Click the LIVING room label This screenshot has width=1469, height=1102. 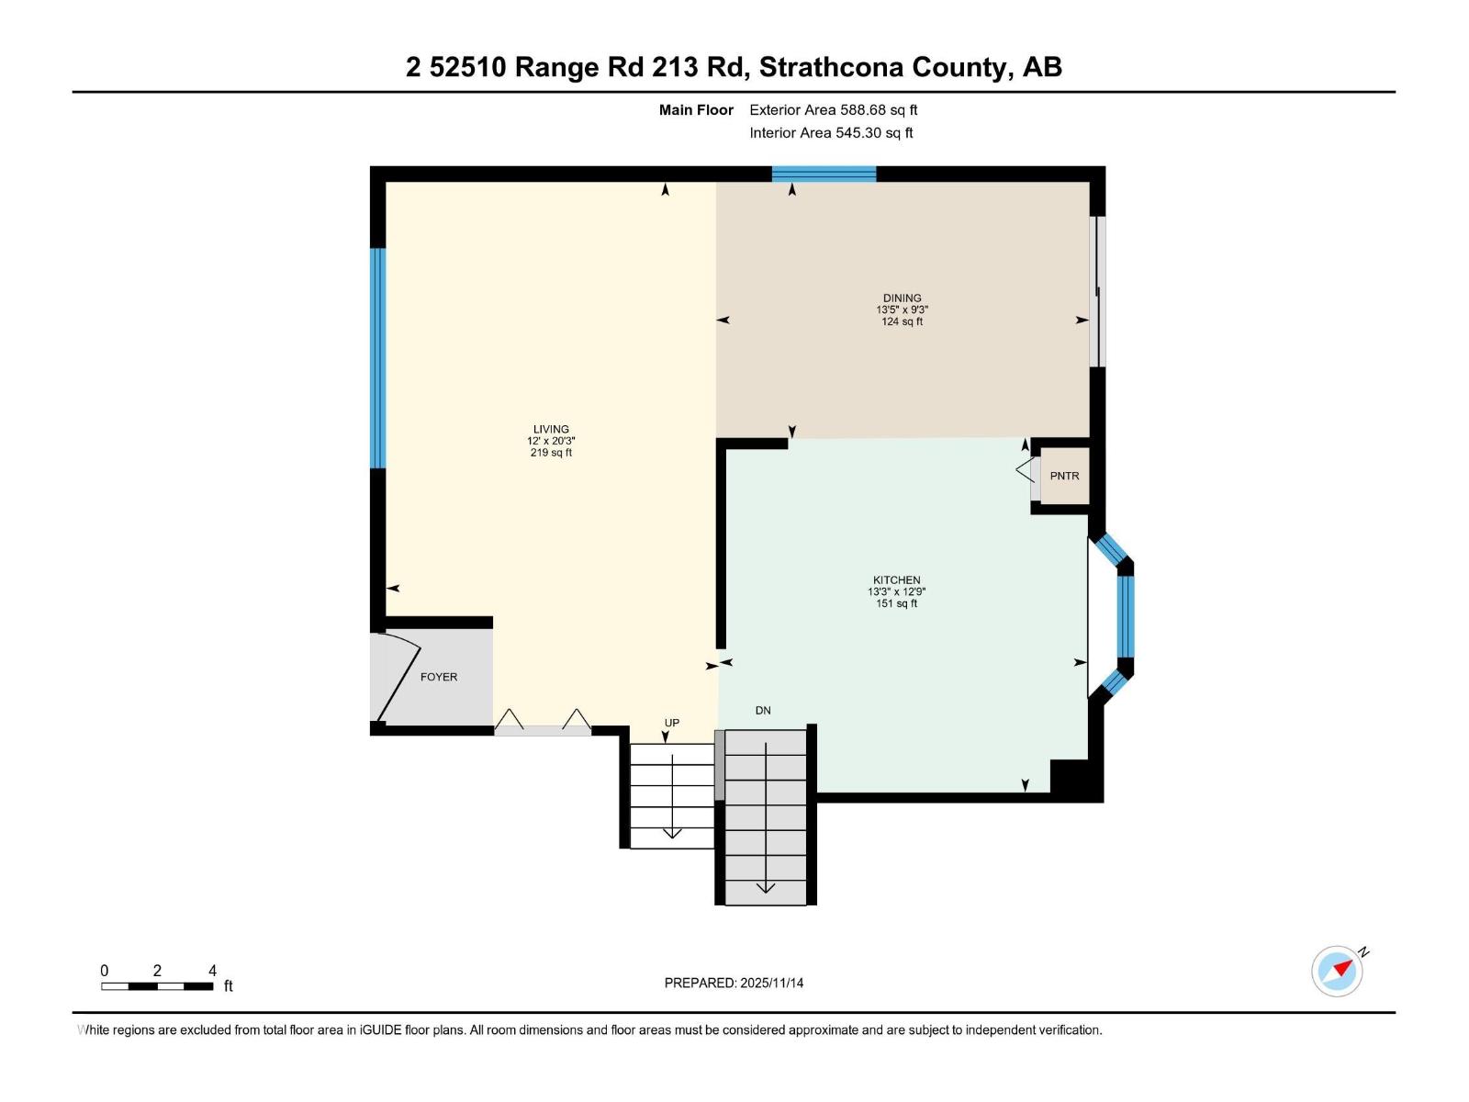(551, 429)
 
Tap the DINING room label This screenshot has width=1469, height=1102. (902, 298)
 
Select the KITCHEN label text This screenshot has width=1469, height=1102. (896, 579)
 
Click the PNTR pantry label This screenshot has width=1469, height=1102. (1064, 476)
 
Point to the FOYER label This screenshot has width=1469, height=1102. (438, 677)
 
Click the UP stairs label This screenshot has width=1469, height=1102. (672, 723)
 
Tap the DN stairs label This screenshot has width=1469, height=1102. (763, 710)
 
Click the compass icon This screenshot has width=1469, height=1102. (1337, 971)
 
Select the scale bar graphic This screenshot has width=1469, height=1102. (157, 986)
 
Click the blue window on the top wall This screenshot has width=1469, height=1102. (824, 174)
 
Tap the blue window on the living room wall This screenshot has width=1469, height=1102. (377, 358)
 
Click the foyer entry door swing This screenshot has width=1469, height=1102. (398, 677)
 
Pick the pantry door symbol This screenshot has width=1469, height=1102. (1026, 471)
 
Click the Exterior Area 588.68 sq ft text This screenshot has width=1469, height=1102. (833, 110)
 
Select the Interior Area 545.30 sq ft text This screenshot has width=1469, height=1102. (831, 133)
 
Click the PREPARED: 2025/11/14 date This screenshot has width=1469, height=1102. (734, 983)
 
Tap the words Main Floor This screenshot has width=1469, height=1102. (696, 110)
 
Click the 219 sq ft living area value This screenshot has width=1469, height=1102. (551, 453)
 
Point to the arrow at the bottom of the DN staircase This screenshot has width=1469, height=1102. (765, 888)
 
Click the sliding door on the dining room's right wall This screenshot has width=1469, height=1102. (1097, 292)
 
